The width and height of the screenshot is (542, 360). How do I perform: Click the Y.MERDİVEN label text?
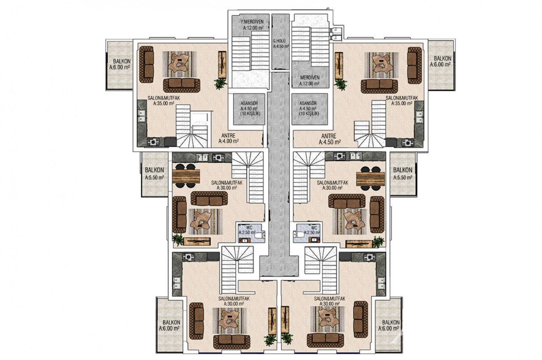253,22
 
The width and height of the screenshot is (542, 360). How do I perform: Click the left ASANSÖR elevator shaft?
249,109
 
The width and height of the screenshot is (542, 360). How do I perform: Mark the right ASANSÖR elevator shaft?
309,109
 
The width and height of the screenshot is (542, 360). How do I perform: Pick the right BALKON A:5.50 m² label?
402,174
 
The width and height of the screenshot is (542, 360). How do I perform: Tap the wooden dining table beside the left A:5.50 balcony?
186,176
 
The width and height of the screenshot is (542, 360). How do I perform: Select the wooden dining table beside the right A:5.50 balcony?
370,178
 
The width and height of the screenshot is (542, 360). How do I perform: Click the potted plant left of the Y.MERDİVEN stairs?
220,83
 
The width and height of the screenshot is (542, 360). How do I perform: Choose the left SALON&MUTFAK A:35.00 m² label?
161,100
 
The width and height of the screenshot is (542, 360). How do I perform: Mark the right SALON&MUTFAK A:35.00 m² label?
402,100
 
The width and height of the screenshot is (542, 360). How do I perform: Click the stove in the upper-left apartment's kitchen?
153,142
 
